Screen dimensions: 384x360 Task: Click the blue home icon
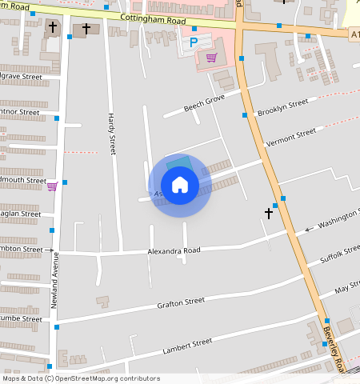[180, 186]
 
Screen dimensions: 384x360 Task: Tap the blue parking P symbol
[193, 42]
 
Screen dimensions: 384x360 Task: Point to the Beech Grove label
[205, 105]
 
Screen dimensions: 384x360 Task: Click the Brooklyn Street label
[282, 107]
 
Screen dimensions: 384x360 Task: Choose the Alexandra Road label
[173, 250]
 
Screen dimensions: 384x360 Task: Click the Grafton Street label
[181, 303]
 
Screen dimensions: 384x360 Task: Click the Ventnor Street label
[18, 112]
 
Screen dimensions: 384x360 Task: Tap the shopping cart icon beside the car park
[211, 58]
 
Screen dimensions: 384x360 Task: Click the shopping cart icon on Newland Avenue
[52, 186]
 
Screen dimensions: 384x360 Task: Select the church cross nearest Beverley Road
[269, 213]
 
